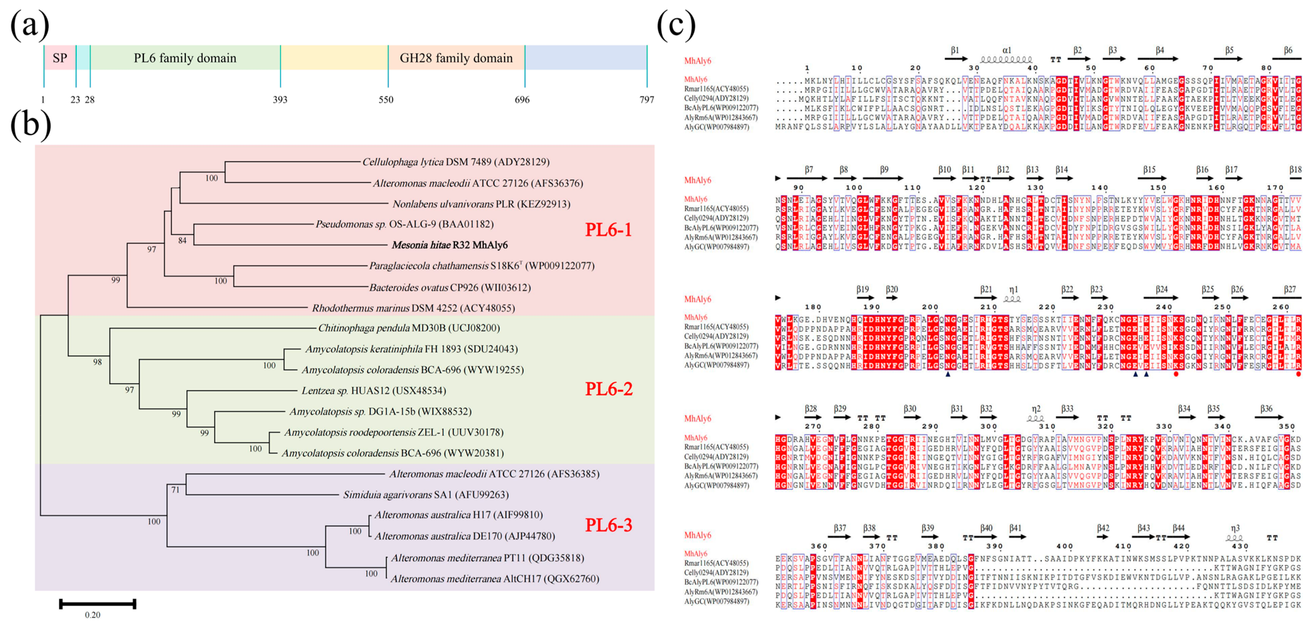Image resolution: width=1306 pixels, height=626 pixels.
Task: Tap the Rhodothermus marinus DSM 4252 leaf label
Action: pos(413,308)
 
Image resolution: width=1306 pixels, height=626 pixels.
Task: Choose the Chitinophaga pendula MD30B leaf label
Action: pos(409,328)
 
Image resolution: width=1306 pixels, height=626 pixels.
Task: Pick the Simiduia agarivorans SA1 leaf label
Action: pos(426,495)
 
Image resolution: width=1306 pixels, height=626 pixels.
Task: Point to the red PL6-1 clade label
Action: pos(608,230)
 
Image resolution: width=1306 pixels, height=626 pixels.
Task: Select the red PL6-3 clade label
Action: pos(608,525)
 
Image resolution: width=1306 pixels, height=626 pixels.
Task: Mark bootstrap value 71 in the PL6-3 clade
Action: pos(175,490)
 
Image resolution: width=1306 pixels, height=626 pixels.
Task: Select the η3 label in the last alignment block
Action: pos(1235,528)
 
